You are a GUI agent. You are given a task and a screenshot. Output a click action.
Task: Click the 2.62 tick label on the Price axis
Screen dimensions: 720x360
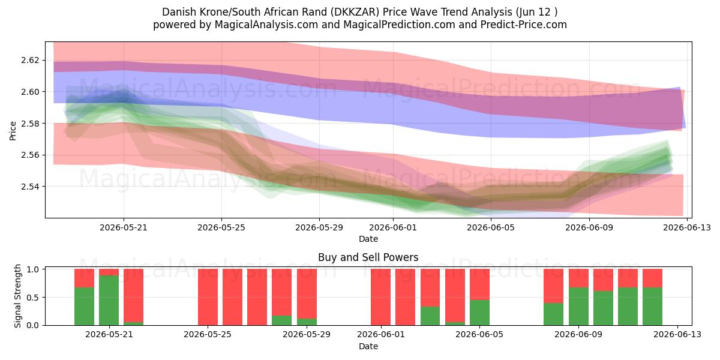coord(30,61)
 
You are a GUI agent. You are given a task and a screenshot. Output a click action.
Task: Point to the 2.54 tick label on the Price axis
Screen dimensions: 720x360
coord(30,187)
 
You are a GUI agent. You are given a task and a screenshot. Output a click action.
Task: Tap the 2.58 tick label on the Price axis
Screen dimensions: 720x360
coord(30,124)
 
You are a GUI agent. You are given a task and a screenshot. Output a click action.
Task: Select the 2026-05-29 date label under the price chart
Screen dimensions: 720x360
coord(319,228)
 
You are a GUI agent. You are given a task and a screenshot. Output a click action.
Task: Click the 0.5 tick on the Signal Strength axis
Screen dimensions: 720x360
coord(33,298)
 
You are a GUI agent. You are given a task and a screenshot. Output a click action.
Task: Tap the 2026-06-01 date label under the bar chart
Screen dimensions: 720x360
coord(381,335)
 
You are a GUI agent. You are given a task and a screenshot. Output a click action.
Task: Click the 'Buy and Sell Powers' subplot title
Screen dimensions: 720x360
coord(368,257)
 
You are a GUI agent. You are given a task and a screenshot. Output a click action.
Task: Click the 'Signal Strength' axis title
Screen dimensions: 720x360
coord(17,296)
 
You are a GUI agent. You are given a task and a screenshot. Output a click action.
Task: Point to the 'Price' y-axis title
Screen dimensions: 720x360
coord(13,131)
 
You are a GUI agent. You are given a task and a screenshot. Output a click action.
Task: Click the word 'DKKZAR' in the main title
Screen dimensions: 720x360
coord(356,12)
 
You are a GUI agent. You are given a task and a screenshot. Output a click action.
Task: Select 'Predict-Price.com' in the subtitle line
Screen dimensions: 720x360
coord(524,25)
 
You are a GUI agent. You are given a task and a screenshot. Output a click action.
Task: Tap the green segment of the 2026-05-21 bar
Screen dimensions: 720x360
coord(109,300)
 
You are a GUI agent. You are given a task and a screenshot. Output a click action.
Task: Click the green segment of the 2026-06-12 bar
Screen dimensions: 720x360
coord(653,307)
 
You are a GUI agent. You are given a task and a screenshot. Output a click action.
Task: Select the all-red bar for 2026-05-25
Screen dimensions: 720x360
coord(208,297)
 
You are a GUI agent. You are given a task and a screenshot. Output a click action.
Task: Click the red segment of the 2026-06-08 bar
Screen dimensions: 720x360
coord(553,286)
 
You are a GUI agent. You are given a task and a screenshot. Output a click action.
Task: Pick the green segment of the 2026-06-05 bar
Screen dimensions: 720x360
coord(479,313)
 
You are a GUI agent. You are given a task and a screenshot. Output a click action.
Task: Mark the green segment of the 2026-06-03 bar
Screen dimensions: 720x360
coord(430,316)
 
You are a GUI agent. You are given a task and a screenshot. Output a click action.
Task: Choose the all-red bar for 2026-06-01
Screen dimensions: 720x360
coord(380,297)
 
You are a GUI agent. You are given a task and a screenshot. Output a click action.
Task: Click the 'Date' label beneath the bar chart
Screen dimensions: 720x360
coord(368,347)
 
